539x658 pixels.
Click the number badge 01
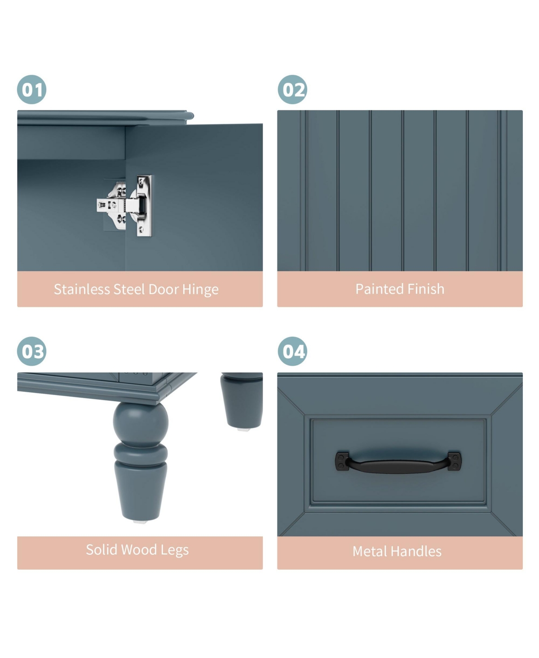[x=32, y=90]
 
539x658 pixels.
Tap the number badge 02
[x=292, y=90]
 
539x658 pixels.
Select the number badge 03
[x=32, y=351]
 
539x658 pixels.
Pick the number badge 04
[x=292, y=351]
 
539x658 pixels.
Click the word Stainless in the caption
[x=82, y=289]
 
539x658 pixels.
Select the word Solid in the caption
[x=102, y=549]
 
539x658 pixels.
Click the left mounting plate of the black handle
[x=342, y=461]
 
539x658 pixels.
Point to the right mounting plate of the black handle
[x=455, y=461]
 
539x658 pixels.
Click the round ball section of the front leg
[x=141, y=422]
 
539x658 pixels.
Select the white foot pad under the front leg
[x=140, y=522]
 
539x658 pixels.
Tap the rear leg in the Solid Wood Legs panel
[x=242, y=399]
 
